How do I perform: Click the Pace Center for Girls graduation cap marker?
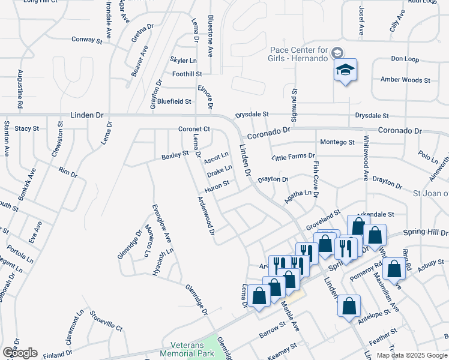[345, 70]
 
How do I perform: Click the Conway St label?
[87, 40]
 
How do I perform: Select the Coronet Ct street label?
[194, 129]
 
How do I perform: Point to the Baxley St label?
[175, 157]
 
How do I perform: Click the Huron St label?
[217, 187]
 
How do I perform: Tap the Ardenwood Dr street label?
[207, 216]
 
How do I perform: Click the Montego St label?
[337, 142]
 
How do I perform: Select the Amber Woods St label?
[405, 80]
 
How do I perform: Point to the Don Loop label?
[405, 59]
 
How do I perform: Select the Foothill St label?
[187, 74]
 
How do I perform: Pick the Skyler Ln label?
[184, 61]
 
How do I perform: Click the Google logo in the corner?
[19, 353]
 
